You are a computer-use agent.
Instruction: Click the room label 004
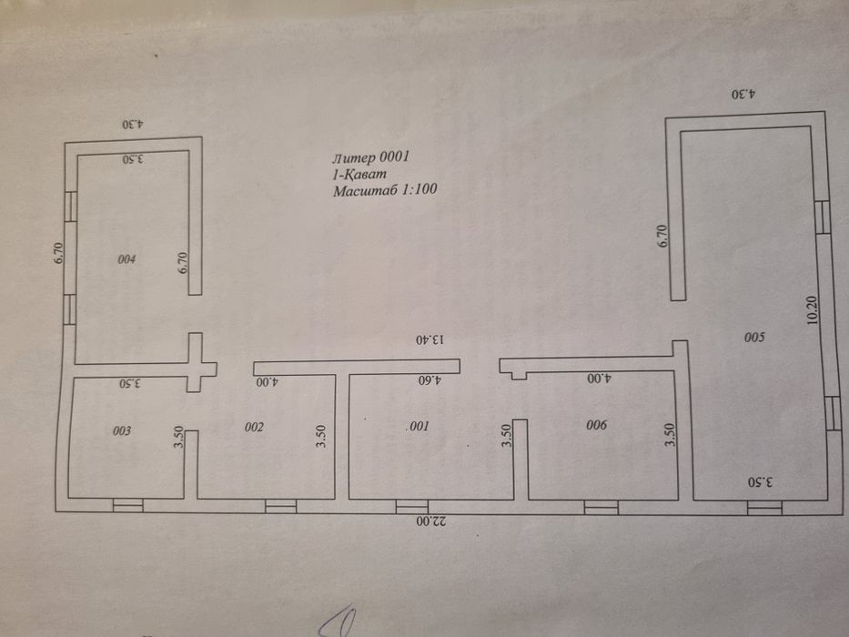pos(126,259)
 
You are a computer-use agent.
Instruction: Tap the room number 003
pos(122,430)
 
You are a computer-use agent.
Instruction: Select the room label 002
pos(254,427)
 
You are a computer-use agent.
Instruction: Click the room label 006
pos(596,425)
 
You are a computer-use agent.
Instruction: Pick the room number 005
pos(754,338)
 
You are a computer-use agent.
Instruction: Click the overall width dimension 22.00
pos(431,521)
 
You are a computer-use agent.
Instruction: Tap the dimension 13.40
pos(430,339)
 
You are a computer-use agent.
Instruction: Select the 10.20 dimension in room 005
pos(813,310)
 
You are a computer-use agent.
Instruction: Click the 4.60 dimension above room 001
pos(430,379)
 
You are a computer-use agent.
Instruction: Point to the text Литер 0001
pos(371,157)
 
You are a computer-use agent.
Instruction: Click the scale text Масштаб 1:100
pos(385,190)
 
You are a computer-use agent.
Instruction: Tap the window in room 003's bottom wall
pos(127,505)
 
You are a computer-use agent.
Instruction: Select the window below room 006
pos(601,508)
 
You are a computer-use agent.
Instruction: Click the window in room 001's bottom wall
pos(412,507)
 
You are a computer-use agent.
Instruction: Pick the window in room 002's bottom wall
pos(280,507)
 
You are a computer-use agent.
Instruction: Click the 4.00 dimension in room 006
pos(600,378)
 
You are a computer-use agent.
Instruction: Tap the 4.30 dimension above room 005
pos(743,95)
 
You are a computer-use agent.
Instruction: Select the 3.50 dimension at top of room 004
pos(133,158)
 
